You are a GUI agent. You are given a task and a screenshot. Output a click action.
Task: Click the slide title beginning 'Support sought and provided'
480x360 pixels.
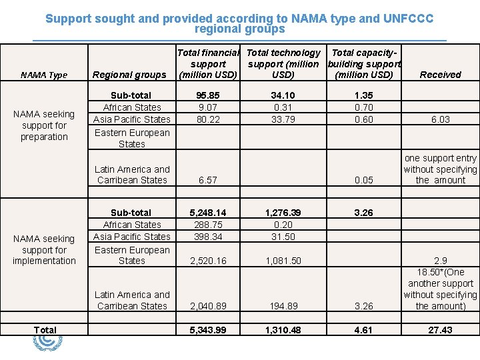[x=239, y=24]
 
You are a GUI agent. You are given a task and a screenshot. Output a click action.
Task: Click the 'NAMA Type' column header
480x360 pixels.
[x=44, y=75]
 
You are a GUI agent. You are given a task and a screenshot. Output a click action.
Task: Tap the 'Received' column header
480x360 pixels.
[x=440, y=75]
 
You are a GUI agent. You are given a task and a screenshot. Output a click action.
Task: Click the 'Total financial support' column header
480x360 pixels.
[x=208, y=63]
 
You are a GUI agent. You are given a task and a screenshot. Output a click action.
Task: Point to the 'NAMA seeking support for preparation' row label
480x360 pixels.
[x=44, y=125]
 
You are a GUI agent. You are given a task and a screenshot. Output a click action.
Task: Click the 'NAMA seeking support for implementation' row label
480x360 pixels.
[x=44, y=249]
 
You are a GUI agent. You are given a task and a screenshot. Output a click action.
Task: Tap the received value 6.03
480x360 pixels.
[x=440, y=119]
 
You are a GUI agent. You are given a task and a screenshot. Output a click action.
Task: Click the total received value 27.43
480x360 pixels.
[x=440, y=330]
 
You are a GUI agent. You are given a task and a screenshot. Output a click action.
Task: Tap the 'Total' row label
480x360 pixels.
[x=45, y=330]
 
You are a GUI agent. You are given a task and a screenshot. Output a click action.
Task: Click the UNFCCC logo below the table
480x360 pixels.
[x=47, y=343]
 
